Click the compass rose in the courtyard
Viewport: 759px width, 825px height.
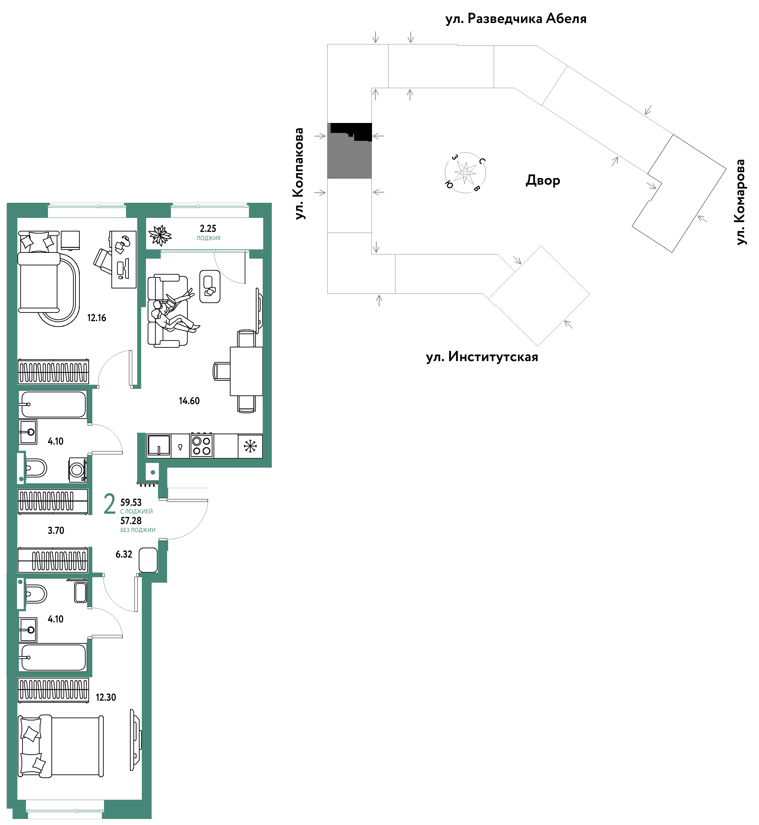(465, 172)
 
